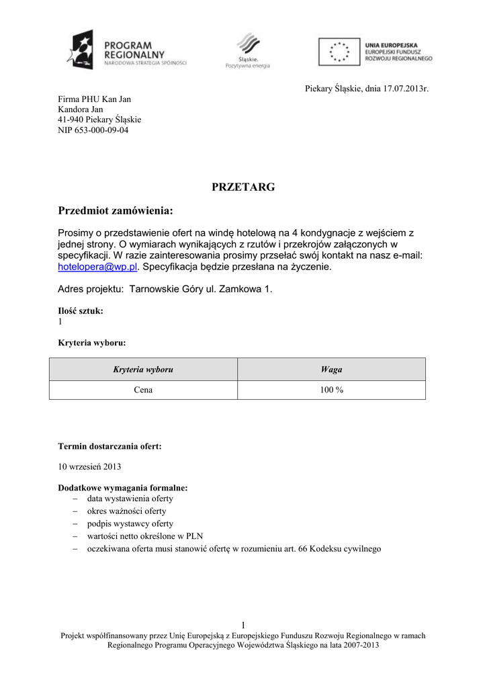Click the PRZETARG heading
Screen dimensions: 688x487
pyautogui.click(x=243, y=187)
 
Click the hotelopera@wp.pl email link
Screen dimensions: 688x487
pyautogui.click(x=98, y=267)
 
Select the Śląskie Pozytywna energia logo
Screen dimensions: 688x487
pyautogui.click(x=247, y=51)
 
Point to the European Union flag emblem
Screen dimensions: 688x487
pyautogui.click(x=339, y=51)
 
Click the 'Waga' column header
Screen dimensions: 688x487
pyautogui.click(x=331, y=370)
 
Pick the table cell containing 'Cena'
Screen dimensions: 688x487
pyautogui.click(x=143, y=390)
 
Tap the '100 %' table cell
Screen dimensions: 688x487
pyautogui.click(x=331, y=390)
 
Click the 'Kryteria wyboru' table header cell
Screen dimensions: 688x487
pyautogui.click(x=143, y=370)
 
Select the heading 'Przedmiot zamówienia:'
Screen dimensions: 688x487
pyautogui.click(x=116, y=212)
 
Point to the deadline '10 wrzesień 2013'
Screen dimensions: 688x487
pyautogui.click(x=89, y=466)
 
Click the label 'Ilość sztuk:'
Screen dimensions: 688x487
pyautogui.click(x=81, y=311)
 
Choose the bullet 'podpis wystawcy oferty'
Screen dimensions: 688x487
pyautogui.click(x=130, y=523)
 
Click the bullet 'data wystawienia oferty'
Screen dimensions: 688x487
pyautogui.click(x=130, y=499)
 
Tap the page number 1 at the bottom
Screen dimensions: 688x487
pyautogui.click(x=243, y=626)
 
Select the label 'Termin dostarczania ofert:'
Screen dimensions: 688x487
pyautogui.click(x=109, y=445)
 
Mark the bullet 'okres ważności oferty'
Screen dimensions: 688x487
pyautogui.click(x=126, y=511)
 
